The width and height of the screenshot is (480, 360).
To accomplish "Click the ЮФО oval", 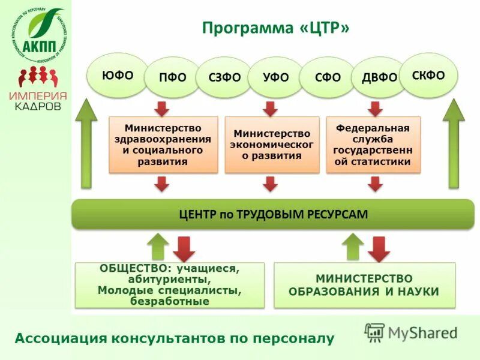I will point(118,76).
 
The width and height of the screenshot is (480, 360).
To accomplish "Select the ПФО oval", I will point(172,77).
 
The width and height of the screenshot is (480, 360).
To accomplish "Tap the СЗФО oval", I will point(224,77).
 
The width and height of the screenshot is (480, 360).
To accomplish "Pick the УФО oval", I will point(276,77).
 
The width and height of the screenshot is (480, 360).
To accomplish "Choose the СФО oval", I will point(328,77).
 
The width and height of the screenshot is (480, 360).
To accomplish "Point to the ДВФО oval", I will point(379,77).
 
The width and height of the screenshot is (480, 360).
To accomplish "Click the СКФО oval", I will point(428,76).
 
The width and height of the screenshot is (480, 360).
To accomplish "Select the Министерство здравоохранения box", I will point(163,145).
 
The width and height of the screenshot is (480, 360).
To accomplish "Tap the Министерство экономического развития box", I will point(272,145).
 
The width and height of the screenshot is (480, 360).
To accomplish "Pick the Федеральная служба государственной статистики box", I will point(373,145).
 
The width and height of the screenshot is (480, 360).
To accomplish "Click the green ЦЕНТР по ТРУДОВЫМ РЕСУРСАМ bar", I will point(272,214).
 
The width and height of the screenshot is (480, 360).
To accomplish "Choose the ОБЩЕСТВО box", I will point(169,285).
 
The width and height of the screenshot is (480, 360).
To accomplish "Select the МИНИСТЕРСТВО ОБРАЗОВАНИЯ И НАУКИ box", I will point(364,285).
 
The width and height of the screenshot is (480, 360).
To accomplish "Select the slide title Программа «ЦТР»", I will point(275,28).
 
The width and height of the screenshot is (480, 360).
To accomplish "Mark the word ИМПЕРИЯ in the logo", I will point(38,96).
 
